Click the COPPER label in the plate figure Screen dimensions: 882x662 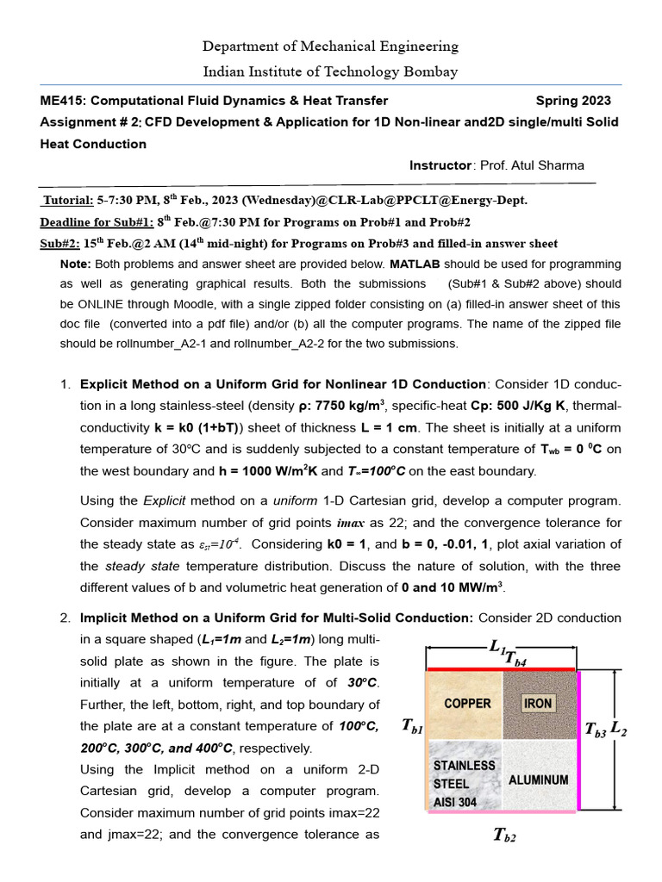pos(467,704)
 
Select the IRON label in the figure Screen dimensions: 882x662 pos(538,704)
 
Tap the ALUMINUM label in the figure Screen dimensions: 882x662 pos(539,780)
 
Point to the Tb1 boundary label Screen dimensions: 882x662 pos(413,726)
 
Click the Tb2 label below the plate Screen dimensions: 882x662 pos(504,834)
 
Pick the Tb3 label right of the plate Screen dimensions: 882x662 pos(596,730)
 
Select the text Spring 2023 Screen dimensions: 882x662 pos(573,101)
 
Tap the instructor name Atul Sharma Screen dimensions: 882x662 pos(548,165)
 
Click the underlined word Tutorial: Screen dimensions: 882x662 pos(68,201)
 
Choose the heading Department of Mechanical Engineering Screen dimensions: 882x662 pos(330,47)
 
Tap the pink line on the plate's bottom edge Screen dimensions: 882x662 pos(501,811)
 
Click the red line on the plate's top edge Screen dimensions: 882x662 pos(501,668)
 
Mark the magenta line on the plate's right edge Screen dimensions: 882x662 pos(579,740)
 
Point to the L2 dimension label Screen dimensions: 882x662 pos(620,731)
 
